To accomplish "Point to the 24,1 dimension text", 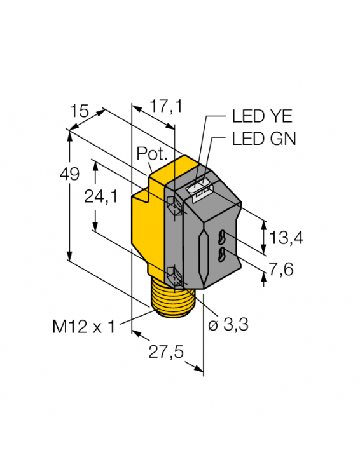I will [101, 198].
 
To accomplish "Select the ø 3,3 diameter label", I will [228, 325].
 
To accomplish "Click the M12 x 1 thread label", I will [85, 327].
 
